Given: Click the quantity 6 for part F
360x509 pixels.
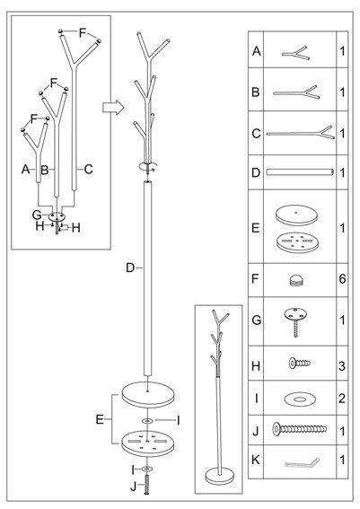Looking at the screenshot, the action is click(x=342, y=279).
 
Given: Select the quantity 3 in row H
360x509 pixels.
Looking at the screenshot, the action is click(x=342, y=366).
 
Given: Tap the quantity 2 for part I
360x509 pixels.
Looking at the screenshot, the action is click(x=342, y=399).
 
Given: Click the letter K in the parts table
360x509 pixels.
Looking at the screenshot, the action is click(x=256, y=460).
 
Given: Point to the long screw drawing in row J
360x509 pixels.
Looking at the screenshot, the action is click(x=299, y=429).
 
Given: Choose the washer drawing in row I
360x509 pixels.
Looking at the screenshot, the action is click(x=299, y=399).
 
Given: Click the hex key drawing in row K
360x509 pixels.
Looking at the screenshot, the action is click(x=302, y=462).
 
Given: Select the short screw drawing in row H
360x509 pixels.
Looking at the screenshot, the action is click(x=300, y=364).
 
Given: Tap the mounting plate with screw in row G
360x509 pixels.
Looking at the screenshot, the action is click(x=295, y=321).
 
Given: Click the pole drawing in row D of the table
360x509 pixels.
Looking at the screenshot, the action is click(x=300, y=172).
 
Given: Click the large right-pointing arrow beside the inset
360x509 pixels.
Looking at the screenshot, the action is click(x=113, y=107).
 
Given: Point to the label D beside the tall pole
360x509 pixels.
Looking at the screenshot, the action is click(x=130, y=268).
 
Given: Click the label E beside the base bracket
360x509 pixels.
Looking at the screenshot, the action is click(x=100, y=419).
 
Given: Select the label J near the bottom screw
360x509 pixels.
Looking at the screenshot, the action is click(x=134, y=487).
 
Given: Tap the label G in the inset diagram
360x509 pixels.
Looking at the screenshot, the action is click(x=37, y=215).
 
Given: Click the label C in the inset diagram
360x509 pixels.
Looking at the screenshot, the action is click(x=88, y=169).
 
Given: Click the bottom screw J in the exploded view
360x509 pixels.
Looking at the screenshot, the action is click(x=147, y=485).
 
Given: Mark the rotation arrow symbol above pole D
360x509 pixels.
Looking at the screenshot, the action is click(x=148, y=166).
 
